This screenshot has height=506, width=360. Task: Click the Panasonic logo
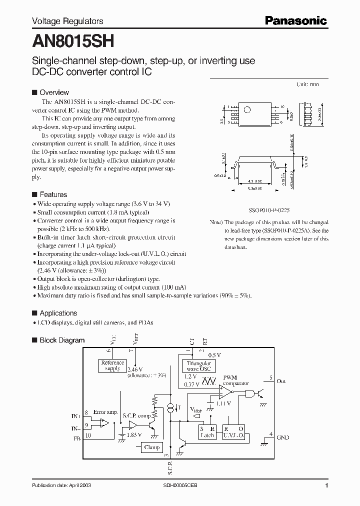tap(295, 21)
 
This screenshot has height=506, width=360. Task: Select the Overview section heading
tap(54, 92)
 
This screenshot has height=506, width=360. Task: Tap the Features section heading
tap(53, 194)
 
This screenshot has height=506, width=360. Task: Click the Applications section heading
tap(58, 313)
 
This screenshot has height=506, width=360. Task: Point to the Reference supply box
tap(112, 365)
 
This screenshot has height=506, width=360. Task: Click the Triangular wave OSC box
tap(198, 366)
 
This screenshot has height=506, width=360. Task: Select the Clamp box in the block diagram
tap(152, 447)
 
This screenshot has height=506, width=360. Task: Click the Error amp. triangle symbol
tap(104, 423)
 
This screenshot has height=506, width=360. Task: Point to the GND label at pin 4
tap(282, 437)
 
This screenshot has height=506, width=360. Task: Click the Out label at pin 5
tap(281, 381)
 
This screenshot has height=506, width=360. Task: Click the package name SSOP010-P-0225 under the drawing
tap(269, 210)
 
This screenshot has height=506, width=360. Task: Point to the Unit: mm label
tap(307, 85)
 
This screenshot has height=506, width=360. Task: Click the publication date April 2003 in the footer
tap(61, 485)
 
